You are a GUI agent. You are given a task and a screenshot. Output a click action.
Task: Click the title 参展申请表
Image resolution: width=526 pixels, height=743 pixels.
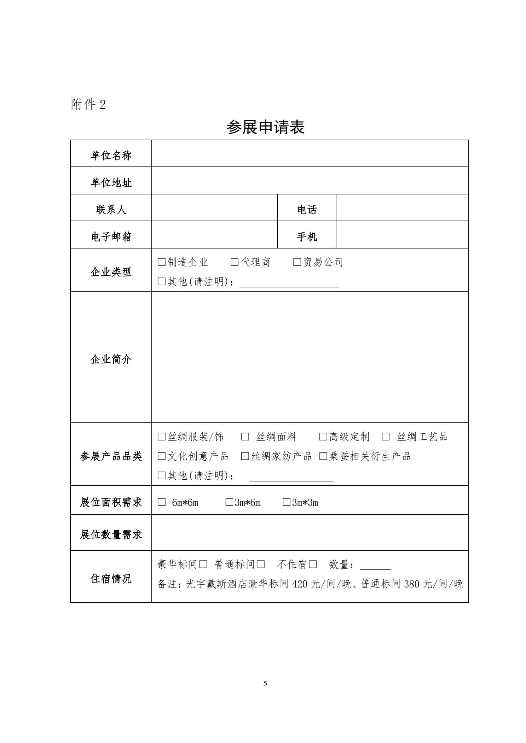265,127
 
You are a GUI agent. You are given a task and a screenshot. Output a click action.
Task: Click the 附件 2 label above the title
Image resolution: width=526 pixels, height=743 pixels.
88,105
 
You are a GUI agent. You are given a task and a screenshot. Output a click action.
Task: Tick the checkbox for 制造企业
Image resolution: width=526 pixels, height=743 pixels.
162,262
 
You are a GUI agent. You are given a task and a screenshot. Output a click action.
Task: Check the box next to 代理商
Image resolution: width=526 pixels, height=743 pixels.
235,262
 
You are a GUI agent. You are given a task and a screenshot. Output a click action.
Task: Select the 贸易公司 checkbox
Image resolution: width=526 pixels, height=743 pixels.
297,262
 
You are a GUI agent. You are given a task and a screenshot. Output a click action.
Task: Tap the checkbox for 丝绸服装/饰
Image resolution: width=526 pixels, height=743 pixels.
162,437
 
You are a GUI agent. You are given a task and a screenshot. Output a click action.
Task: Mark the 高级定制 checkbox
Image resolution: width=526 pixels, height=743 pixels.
323,437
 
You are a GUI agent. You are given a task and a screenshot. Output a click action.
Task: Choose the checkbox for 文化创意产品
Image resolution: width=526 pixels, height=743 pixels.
162,456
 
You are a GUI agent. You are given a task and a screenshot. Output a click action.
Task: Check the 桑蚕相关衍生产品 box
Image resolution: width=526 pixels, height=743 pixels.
323,456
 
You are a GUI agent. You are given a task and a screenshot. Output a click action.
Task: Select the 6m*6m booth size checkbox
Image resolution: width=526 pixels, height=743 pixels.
162,502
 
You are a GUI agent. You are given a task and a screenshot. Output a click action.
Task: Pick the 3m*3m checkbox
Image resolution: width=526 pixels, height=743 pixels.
287,502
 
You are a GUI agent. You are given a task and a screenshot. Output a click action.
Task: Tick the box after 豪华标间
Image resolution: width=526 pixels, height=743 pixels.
203,564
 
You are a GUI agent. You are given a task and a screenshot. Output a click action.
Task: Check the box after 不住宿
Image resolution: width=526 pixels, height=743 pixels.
313,564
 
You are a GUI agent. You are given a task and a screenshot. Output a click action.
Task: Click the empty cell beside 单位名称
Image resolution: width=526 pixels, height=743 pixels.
310,154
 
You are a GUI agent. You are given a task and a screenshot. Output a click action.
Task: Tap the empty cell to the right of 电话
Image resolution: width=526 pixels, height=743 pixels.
402,208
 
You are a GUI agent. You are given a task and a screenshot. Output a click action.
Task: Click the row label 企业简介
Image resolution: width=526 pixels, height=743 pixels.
111,359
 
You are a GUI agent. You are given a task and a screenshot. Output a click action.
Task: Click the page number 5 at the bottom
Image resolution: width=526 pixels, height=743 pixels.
265,684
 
